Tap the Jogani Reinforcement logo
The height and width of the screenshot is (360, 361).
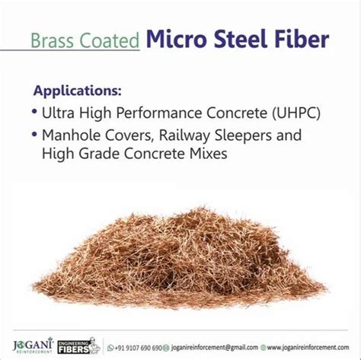(34, 344)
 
